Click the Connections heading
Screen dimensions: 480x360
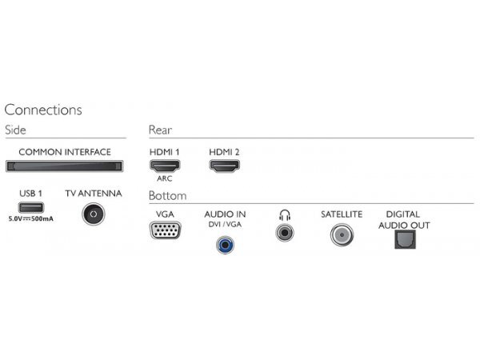point(43,110)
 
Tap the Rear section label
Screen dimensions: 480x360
point(161,130)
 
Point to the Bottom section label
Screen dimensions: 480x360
point(167,196)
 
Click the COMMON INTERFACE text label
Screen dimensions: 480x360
point(65,152)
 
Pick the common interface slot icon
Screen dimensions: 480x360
point(65,166)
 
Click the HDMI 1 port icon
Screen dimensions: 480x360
point(165,166)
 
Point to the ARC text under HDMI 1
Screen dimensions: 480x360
point(165,179)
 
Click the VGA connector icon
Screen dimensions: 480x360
point(165,231)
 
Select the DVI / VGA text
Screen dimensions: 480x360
point(225,226)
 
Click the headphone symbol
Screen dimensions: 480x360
point(284,214)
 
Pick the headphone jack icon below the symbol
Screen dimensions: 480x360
point(284,233)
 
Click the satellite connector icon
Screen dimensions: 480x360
point(341,234)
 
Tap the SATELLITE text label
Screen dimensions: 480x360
point(342,214)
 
